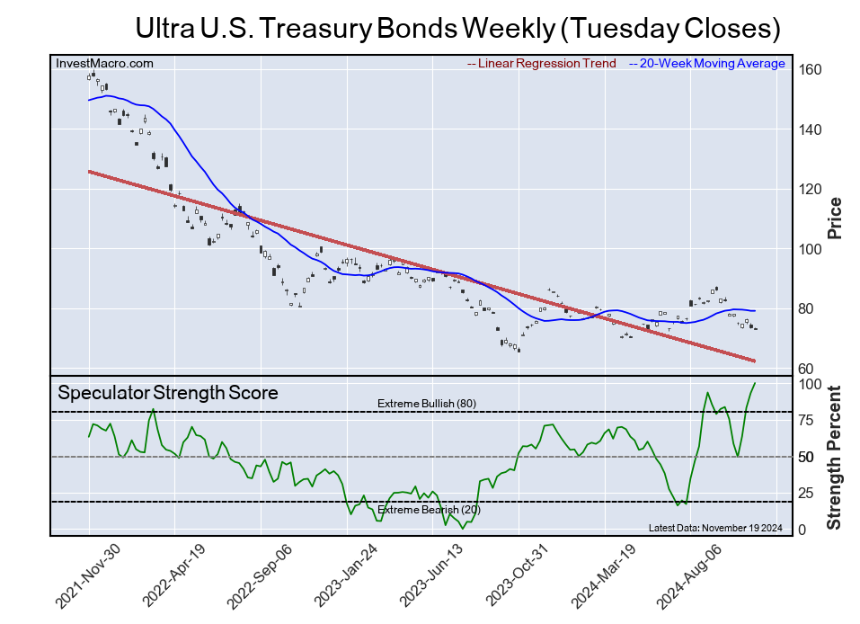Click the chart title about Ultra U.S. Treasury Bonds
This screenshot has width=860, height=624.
457,28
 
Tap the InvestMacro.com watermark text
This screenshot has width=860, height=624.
104,64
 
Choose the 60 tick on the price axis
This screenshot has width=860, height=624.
807,369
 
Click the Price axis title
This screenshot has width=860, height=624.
835,217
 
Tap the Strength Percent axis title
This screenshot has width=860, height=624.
835,457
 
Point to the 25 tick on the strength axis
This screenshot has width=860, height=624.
807,493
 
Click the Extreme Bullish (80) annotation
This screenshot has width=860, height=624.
426,404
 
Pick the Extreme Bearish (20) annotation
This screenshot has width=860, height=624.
429,511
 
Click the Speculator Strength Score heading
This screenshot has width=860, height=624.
168,393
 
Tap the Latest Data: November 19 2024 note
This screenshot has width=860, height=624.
715,528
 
